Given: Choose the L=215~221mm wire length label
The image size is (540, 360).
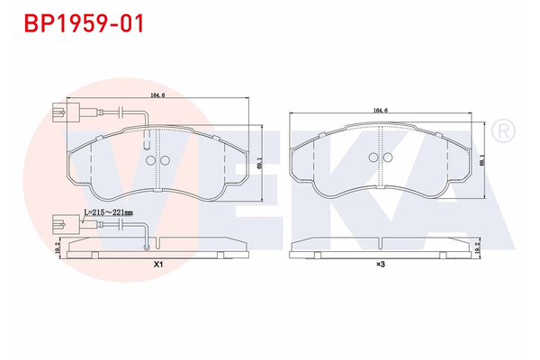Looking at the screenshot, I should point(108,212).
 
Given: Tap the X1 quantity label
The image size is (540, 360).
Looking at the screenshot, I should point(158,264).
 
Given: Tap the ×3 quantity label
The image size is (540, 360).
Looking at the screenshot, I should point(381,264).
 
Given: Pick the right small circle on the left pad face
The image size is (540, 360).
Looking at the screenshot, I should point(165,162).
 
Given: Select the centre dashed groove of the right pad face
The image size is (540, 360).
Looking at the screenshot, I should point(383,171).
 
